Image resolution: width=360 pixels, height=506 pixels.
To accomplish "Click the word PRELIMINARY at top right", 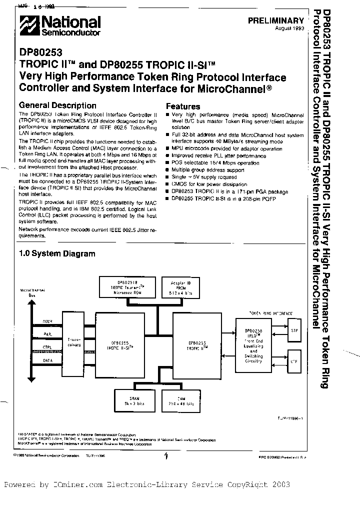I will [x=276, y=20].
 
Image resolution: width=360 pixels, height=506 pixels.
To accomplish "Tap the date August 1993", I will [x=289, y=29].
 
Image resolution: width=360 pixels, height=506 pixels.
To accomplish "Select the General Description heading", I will [x=57, y=105].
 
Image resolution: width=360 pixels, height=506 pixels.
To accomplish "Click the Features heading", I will [x=183, y=106].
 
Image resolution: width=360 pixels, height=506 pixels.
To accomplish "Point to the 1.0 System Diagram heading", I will [x=57, y=253].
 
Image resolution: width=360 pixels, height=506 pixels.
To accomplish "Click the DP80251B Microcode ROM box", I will [x=129, y=287].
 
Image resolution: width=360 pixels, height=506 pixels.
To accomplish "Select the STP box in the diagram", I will [x=294, y=330].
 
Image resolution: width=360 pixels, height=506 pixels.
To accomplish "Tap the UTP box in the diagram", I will [x=294, y=360].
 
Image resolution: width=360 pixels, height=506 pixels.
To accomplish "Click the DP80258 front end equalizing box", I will [x=253, y=345].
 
